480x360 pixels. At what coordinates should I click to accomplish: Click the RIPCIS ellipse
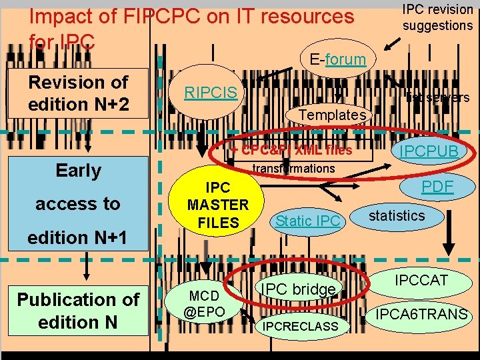[x=211, y=93]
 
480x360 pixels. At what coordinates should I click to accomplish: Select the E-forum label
[x=337, y=59]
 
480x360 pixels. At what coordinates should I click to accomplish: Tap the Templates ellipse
[x=331, y=115]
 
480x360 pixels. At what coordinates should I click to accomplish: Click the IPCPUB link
[x=429, y=151]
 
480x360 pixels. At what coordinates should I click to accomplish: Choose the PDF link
[x=437, y=187]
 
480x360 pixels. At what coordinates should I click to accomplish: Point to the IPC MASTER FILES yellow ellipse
[x=218, y=205]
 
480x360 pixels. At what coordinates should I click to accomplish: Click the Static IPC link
[x=308, y=221]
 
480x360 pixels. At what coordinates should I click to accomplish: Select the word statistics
[x=397, y=215]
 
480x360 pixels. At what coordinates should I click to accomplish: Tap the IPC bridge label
[x=297, y=289]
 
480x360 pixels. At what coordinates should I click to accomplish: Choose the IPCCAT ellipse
[x=421, y=281]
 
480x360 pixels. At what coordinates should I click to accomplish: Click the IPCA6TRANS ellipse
[x=421, y=313]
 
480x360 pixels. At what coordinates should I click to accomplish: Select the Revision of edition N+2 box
[x=78, y=93]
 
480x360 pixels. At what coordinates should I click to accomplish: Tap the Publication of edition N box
[x=78, y=311]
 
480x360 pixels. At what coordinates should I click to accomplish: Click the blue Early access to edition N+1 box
[x=78, y=203]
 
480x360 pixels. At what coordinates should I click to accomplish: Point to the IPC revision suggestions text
[x=437, y=17]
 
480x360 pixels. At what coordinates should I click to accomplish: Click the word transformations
[x=294, y=169]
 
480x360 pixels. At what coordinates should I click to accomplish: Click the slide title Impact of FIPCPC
[x=192, y=16]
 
